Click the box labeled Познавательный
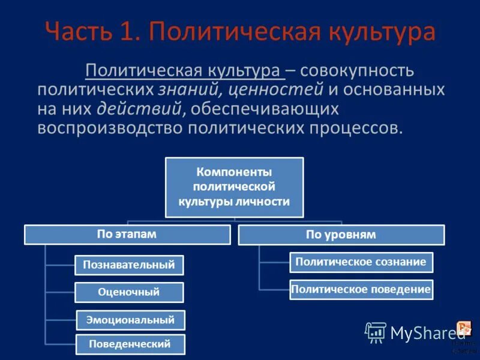(129, 265)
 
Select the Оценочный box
(129, 292)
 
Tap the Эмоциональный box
(131, 320)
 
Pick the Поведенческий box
(130, 344)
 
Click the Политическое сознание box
(361, 262)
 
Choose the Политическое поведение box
(361, 290)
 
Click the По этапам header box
(127, 235)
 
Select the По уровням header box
(341, 235)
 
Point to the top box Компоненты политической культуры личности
(234, 187)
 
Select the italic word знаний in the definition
(181, 91)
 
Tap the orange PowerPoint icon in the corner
(464, 329)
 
